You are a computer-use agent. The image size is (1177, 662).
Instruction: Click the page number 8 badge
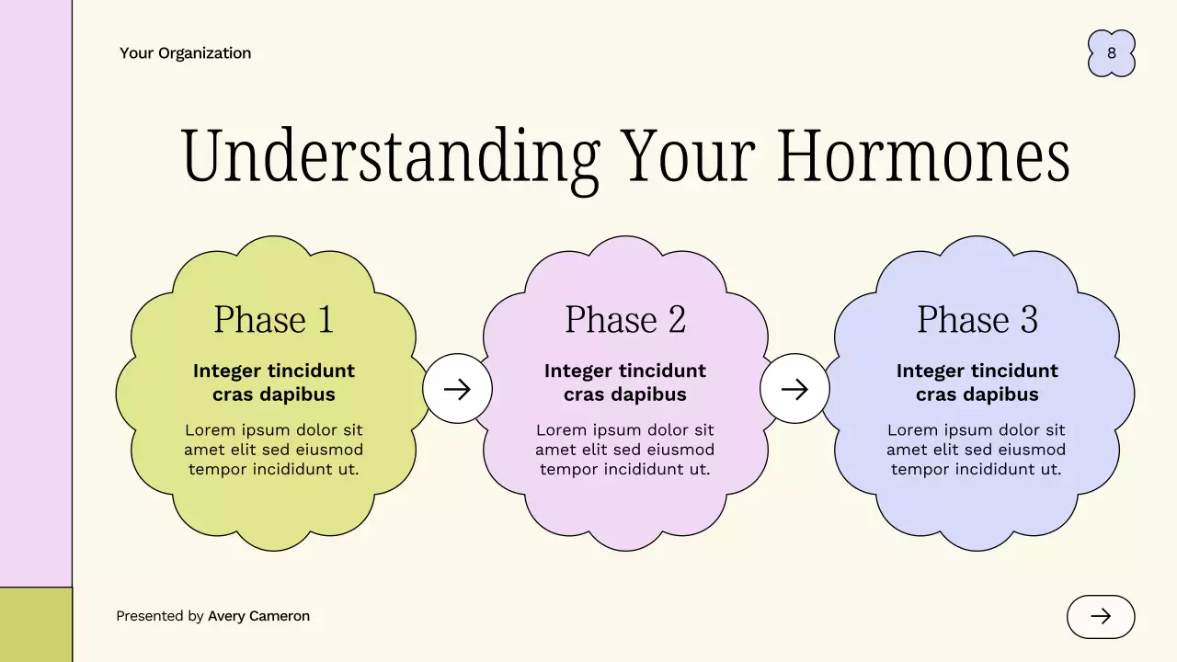click(1111, 53)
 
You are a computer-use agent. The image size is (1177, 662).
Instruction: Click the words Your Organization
click(185, 53)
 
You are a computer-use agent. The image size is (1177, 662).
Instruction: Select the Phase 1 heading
click(273, 320)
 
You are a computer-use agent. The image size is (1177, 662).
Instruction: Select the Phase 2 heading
click(625, 320)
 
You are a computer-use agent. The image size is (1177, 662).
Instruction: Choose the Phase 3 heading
click(977, 320)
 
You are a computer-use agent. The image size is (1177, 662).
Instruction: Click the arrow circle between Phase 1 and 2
click(457, 389)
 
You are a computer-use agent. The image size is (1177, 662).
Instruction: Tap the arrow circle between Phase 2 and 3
click(794, 389)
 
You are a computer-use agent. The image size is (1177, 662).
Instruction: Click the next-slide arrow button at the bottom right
click(1101, 616)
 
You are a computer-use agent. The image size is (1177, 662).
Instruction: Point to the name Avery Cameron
click(258, 616)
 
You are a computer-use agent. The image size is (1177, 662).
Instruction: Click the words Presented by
click(160, 616)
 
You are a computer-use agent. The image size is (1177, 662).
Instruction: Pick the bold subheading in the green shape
click(273, 382)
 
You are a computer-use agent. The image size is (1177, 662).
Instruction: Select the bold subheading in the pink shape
click(625, 382)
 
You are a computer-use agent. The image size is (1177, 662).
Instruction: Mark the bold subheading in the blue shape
click(977, 382)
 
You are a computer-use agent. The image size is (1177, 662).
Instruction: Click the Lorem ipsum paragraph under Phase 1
click(273, 450)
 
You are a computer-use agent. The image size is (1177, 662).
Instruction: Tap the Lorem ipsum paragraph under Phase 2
click(625, 450)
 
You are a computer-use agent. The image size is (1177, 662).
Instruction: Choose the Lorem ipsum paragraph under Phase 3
click(977, 450)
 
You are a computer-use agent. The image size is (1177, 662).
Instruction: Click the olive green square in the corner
click(35, 625)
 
